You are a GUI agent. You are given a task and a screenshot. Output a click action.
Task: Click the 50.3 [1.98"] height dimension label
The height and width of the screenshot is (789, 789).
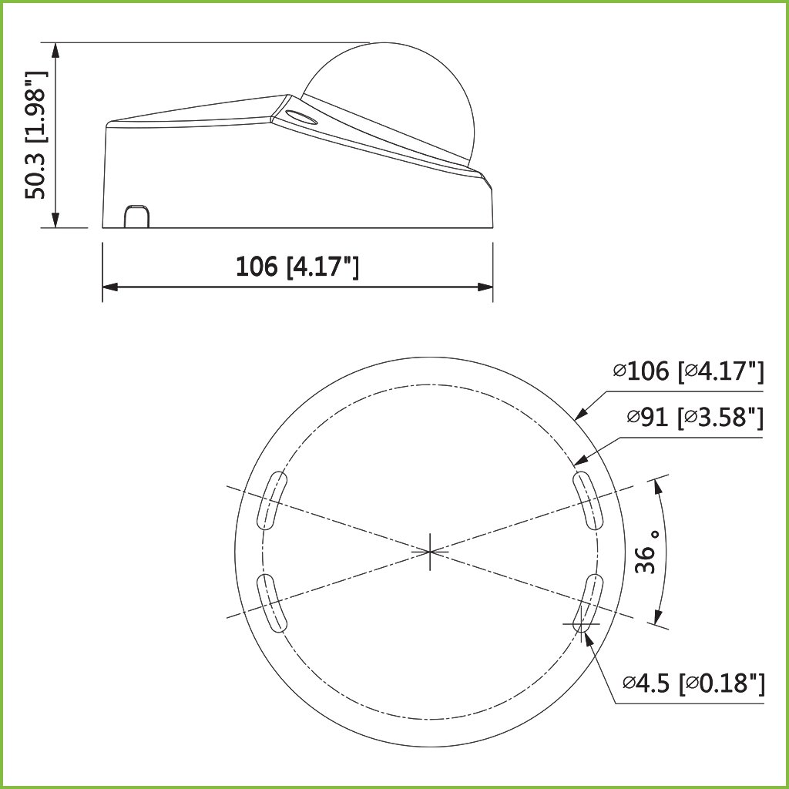coord(36,135)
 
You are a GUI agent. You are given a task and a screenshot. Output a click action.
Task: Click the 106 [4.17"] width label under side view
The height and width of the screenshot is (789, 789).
coord(297,267)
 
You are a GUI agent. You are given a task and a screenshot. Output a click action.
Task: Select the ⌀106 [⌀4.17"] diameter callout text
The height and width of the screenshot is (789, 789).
coord(688,371)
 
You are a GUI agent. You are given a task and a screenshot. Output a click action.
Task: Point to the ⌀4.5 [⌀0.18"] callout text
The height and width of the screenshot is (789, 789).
coord(693,683)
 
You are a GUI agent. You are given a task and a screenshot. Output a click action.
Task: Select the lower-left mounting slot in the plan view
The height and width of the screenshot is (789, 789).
coord(272,603)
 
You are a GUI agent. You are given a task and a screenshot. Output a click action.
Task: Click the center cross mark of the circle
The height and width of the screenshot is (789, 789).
coord(430,552)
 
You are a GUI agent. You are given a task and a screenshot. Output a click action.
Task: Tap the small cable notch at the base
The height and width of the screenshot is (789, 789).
coord(137,217)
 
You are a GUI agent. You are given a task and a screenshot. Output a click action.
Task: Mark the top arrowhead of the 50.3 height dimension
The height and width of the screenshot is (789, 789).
coord(55,49)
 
